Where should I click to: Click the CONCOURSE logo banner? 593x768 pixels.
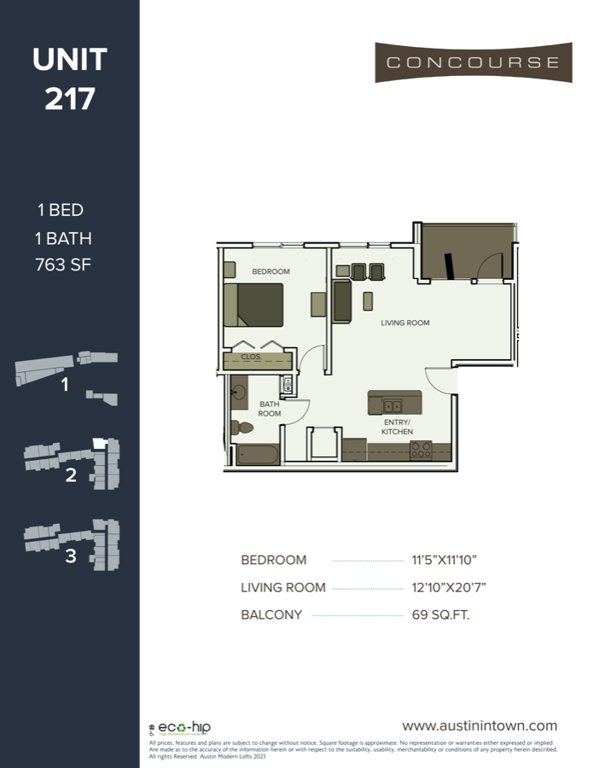pyautogui.click(x=473, y=62)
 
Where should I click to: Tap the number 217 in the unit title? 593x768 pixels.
pyautogui.click(x=70, y=99)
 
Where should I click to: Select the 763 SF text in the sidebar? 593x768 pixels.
pyautogui.click(x=63, y=265)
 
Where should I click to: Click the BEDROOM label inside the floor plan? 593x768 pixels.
pyautogui.click(x=270, y=271)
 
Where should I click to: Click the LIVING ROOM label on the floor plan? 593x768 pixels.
pyautogui.click(x=405, y=323)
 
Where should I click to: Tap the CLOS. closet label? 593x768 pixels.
pyautogui.click(x=250, y=358)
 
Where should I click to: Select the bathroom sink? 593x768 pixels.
pyautogui.click(x=239, y=393)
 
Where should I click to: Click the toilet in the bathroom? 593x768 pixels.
pyautogui.click(x=242, y=427)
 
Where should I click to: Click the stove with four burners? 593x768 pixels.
pyautogui.click(x=421, y=451)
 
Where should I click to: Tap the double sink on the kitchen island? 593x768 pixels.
pyautogui.click(x=392, y=404)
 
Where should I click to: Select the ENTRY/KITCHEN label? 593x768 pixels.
pyautogui.click(x=397, y=428)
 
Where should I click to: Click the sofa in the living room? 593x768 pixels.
pyautogui.click(x=341, y=302)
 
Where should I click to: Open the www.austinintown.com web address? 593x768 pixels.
pyautogui.click(x=479, y=725)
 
